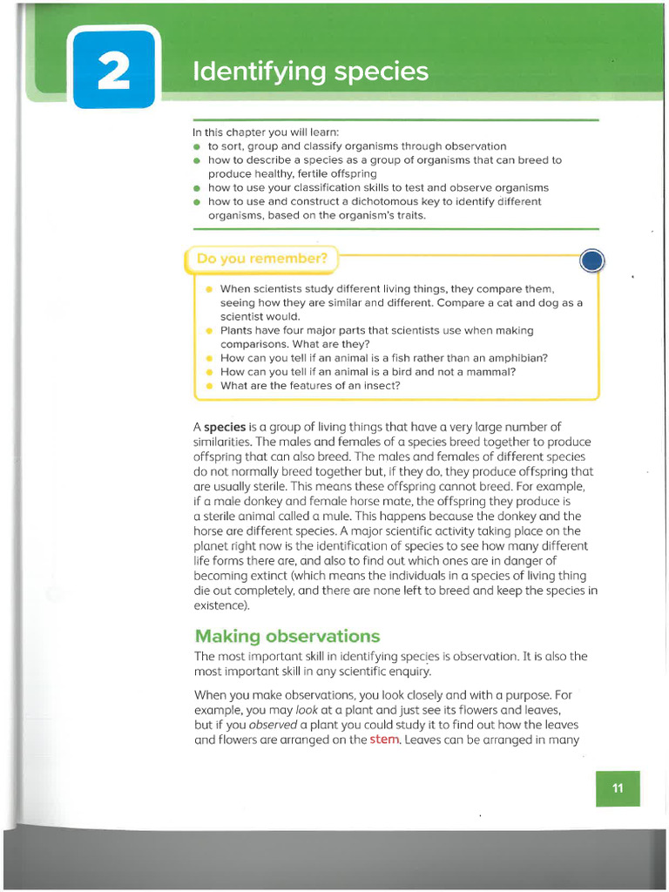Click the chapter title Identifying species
(310, 71)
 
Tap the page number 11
(618, 788)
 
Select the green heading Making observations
(287, 636)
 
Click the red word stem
(384, 740)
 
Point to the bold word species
(225, 427)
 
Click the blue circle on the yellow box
(592, 260)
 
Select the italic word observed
(274, 725)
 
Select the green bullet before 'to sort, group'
(198, 147)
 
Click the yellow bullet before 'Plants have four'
(209, 331)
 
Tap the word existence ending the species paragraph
(220, 605)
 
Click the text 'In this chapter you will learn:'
(266, 132)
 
